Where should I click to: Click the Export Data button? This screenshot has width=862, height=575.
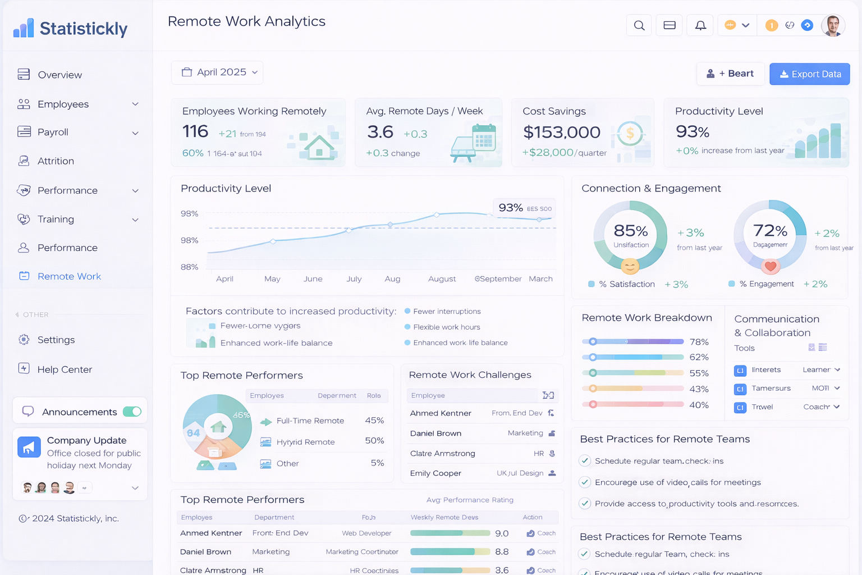(809, 74)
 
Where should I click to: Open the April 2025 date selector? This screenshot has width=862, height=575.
(217, 72)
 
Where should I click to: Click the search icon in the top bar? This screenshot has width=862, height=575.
(639, 25)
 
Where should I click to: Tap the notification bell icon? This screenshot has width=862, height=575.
(700, 25)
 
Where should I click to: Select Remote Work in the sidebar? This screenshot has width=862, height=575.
(69, 276)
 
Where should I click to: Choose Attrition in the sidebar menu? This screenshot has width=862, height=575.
(56, 161)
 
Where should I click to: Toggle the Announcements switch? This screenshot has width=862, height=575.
(132, 412)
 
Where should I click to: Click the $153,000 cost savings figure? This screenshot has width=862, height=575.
(561, 133)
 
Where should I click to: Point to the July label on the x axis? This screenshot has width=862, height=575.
(354, 279)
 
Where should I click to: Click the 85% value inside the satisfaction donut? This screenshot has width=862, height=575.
(631, 231)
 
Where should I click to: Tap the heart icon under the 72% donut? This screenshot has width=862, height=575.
(771, 267)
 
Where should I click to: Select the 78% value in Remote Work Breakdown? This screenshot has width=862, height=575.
(699, 342)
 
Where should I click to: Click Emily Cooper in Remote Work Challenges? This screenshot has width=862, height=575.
(435, 473)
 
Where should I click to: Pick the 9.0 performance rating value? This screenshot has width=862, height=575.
(502, 533)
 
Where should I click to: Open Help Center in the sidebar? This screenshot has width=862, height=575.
(65, 369)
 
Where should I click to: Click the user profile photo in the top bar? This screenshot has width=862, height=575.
(832, 25)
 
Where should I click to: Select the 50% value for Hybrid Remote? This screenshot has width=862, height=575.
(374, 441)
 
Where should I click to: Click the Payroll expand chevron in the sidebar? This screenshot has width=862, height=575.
(135, 133)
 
